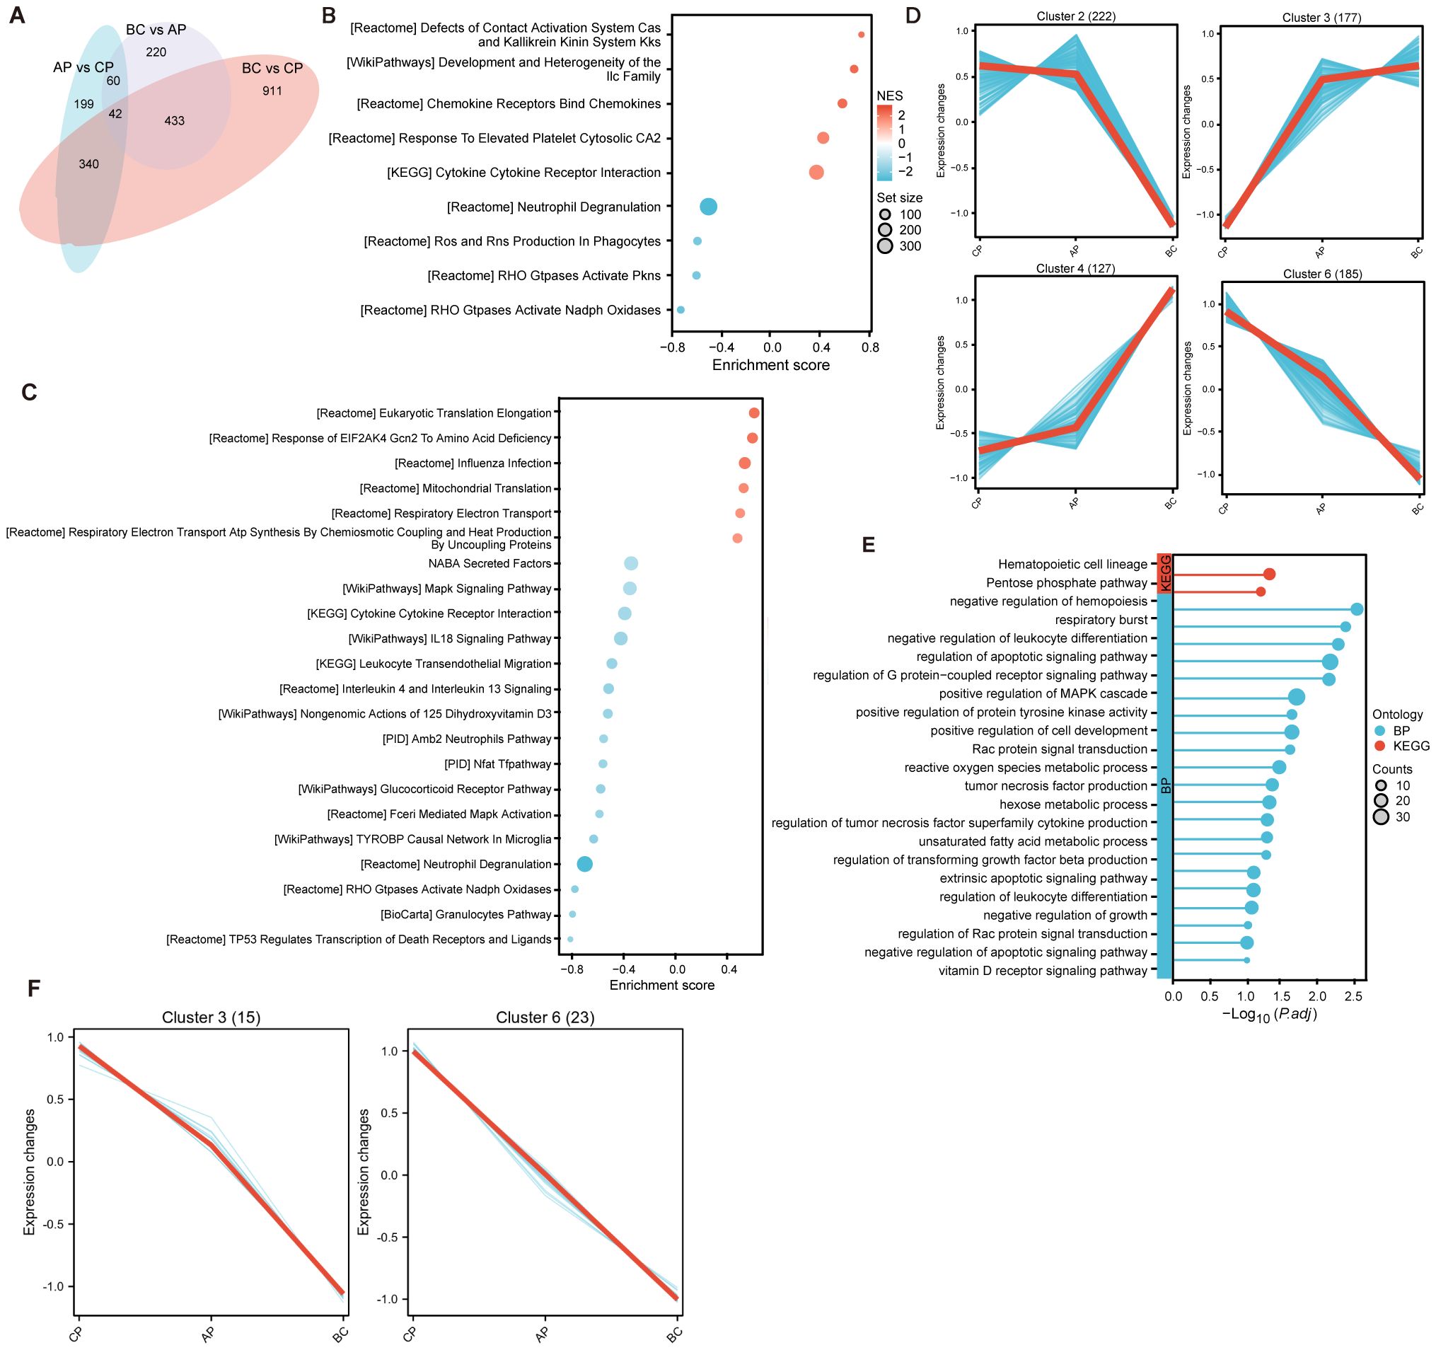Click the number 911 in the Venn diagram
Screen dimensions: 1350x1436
pyautogui.click(x=272, y=91)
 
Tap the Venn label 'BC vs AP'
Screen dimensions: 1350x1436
pyautogui.click(x=156, y=30)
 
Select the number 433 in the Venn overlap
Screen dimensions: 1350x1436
pyautogui.click(x=174, y=120)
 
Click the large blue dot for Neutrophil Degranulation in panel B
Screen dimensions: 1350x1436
pyautogui.click(x=709, y=207)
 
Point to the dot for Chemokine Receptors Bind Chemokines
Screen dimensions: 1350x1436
pyautogui.click(x=843, y=104)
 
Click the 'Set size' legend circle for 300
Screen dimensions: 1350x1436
pyautogui.click(x=885, y=246)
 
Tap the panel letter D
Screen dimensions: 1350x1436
pyautogui.click(x=913, y=15)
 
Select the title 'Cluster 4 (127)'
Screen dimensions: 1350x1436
pyautogui.click(x=1075, y=269)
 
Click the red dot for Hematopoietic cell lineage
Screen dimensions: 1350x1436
pyautogui.click(x=1269, y=575)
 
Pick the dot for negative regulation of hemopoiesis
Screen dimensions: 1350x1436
pyautogui.click(x=1357, y=610)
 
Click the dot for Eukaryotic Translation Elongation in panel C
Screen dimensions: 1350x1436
pyautogui.click(x=754, y=413)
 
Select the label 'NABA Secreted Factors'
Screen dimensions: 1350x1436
pyautogui.click(x=489, y=563)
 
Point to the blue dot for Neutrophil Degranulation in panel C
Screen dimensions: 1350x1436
pyautogui.click(x=585, y=864)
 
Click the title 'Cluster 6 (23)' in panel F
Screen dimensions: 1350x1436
pyautogui.click(x=545, y=1017)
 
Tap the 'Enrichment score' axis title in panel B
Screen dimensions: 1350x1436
pyautogui.click(x=771, y=366)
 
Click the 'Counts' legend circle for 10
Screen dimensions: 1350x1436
pyautogui.click(x=1381, y=786)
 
